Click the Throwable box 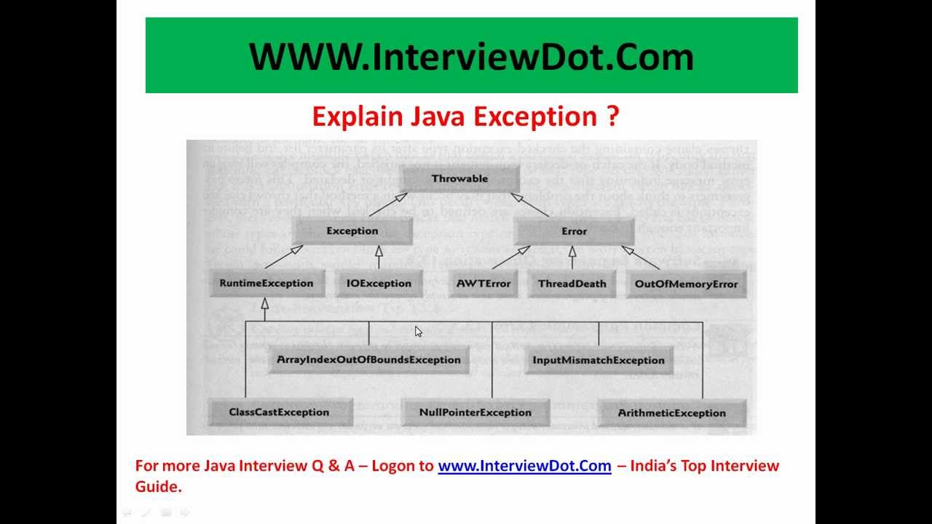tap(459, 178)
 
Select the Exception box tap(352, 231)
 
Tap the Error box tap(574, 231)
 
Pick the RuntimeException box tap(266, 283)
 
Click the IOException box tap(379, 283)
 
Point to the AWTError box tap(483, 283)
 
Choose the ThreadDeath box tap(572, 284)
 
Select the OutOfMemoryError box tap(686, 284)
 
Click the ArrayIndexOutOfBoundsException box tap(368, 360)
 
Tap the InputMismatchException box tap(599, 360)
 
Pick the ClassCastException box tap(279, 412)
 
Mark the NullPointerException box tap(475, 412)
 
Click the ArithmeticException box tap(671, 413)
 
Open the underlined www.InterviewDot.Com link tap(524, 466)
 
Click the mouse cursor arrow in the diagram tap(418, 331)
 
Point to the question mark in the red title tap(612, 116)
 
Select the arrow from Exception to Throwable tap(387, 205)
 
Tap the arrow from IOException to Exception tap(379, 258)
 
